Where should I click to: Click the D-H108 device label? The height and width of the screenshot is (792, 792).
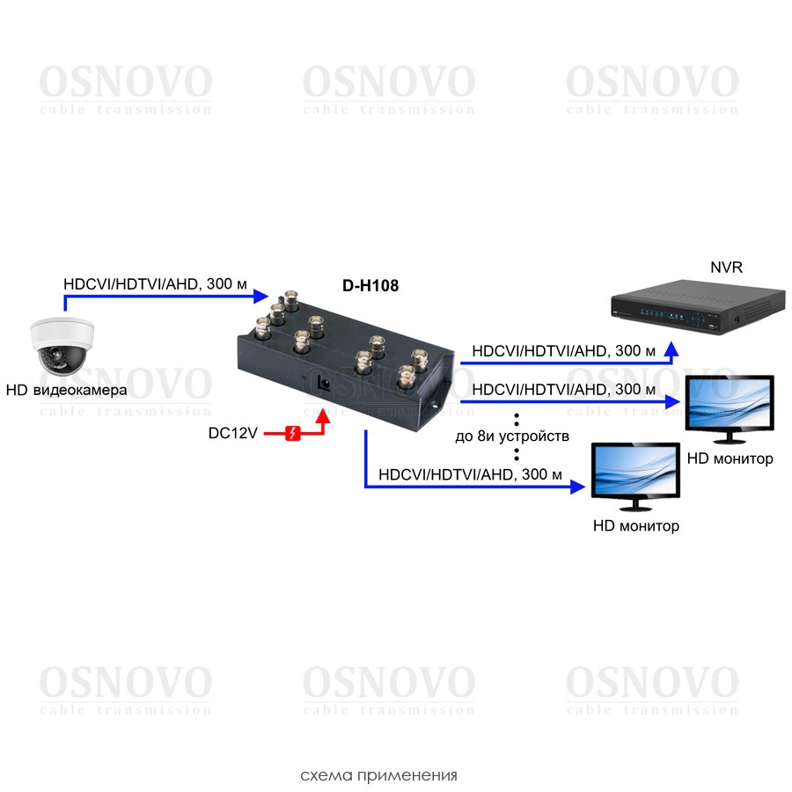coord(377,285)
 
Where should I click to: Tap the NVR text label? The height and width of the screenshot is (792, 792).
coord(726,267)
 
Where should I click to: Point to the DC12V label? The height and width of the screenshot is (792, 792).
coord(232,433)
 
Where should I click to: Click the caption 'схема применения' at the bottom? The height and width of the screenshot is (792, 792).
coord(378,775)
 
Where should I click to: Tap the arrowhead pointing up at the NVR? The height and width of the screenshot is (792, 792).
coord(671,351)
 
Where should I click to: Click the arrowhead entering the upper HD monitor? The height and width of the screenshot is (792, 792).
coord(675,401)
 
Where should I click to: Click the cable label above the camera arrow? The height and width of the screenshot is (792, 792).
coord(155,285)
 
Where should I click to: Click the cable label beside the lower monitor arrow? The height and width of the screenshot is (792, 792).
coord(470,474)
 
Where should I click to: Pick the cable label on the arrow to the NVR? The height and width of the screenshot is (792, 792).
coord(563,351)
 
